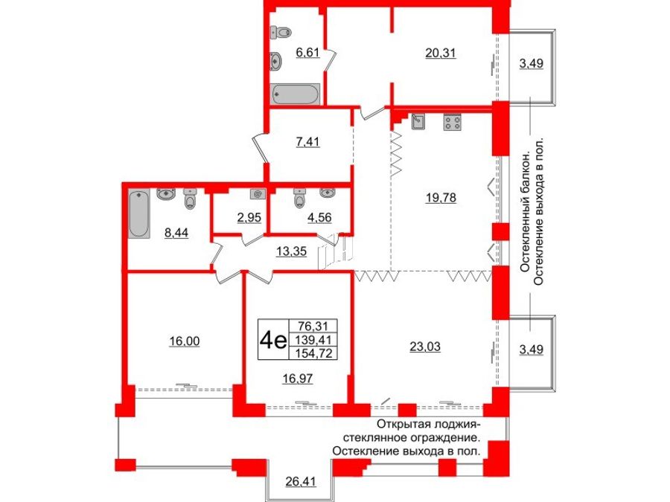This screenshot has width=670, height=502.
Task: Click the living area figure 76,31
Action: (316, 326)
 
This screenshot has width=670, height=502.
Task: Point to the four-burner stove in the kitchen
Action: (451, 122)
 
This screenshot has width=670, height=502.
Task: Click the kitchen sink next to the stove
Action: (418, 121)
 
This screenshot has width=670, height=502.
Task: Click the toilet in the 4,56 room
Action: (300, 200)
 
